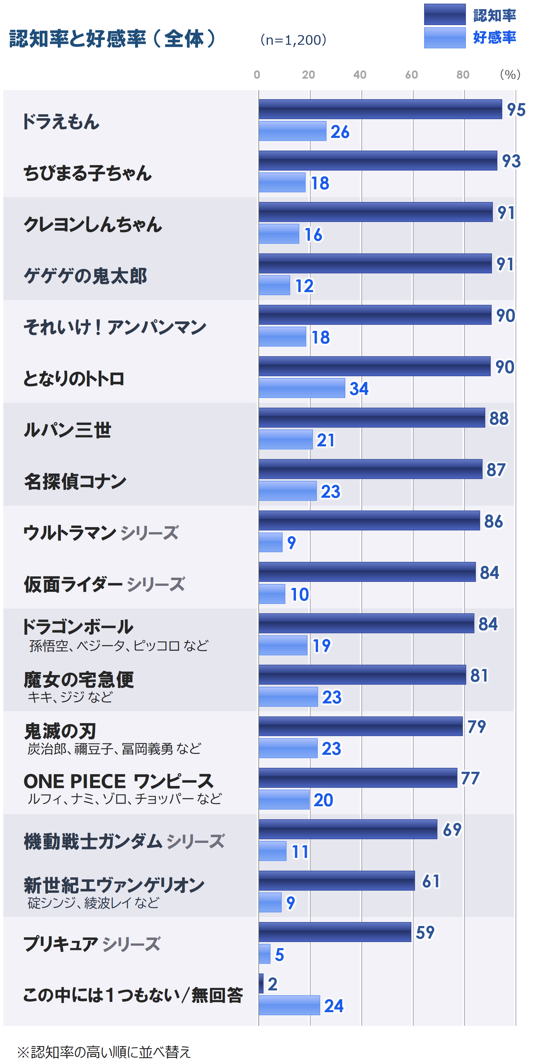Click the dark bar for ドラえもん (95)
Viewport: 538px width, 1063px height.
click(380, 109)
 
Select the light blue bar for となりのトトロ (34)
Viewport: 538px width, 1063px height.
click(302, 388)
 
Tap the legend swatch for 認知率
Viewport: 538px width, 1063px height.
click(445, 15)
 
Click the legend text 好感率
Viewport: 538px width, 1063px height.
click(494, 37)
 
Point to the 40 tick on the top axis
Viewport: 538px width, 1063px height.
click(360, 75)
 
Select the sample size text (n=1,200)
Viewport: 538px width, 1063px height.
click(293, 40)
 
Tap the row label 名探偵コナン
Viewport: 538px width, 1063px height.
click(75, 481)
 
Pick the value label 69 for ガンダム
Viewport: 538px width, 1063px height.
click(452, 830)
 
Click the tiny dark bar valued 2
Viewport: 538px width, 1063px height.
click(261, 983)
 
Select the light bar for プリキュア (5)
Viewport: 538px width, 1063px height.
click(264, 954)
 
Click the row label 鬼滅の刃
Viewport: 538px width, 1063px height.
click(60, 732)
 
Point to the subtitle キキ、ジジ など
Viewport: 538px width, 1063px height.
click(70, 697)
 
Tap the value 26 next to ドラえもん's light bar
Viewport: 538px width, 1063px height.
click(340, 132)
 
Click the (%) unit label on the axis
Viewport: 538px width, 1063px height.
click(510, 75)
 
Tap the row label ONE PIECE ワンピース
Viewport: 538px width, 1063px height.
click(118, 781)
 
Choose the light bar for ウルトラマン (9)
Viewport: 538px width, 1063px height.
click(271, 542)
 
